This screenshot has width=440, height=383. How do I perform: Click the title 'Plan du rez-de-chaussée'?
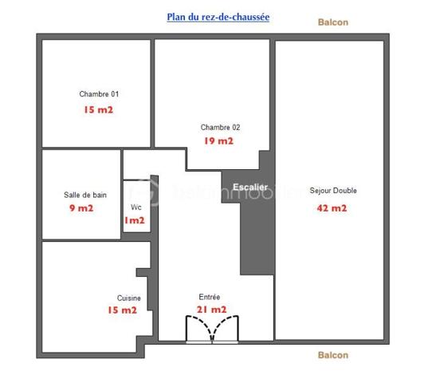218,16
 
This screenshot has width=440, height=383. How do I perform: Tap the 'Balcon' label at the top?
332,22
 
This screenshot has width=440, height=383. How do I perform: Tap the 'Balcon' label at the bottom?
332,355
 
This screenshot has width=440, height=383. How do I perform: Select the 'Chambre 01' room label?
100,94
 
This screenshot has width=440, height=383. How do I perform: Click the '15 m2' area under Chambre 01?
98,109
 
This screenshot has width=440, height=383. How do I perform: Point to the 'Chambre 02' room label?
220,127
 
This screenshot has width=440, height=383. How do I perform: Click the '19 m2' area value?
218,141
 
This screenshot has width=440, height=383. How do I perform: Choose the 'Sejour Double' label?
333,191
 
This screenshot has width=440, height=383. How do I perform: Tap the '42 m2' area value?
332,208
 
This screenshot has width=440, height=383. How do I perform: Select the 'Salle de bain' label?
85,195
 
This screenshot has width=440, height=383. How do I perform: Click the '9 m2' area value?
82,209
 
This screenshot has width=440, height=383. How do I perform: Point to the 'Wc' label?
136,207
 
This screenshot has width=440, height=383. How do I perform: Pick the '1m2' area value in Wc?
135,221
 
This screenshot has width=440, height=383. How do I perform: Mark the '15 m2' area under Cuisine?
123,310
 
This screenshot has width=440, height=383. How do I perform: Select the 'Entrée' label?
210,296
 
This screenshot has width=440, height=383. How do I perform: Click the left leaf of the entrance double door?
198,328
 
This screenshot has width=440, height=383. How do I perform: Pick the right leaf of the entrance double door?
226,328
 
